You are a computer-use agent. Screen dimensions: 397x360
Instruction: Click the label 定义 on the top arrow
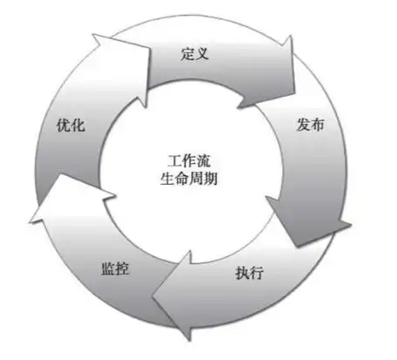[x=195, y=53]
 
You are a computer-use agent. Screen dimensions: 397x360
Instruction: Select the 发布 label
[x=310, y=125]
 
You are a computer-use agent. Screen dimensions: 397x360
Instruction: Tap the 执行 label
[x=249, y=273]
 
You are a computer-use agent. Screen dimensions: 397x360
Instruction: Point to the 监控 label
[x=115, y=268]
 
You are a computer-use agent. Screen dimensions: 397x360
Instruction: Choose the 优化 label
[x=71, y=126]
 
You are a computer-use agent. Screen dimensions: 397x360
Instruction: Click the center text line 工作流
[x=189, y=160]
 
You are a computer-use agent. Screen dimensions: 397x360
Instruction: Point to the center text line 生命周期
[x=189, y=178]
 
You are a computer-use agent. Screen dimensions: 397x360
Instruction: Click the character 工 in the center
[x=175, y=161]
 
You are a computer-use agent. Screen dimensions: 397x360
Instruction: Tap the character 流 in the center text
[x=204, y=161]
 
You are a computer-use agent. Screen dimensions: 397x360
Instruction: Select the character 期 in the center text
[x=211, y=179]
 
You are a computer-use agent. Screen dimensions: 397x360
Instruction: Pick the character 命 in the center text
[x=182, y=179]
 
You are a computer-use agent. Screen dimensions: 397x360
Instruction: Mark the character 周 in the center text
[x=196, y=179]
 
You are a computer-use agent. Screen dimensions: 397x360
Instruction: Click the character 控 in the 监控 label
[x=122, y=268]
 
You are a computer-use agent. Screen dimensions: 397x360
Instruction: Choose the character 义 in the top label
[x=202, y=54]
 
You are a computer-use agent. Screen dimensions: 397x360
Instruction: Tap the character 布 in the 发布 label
[x=318, y=125]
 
